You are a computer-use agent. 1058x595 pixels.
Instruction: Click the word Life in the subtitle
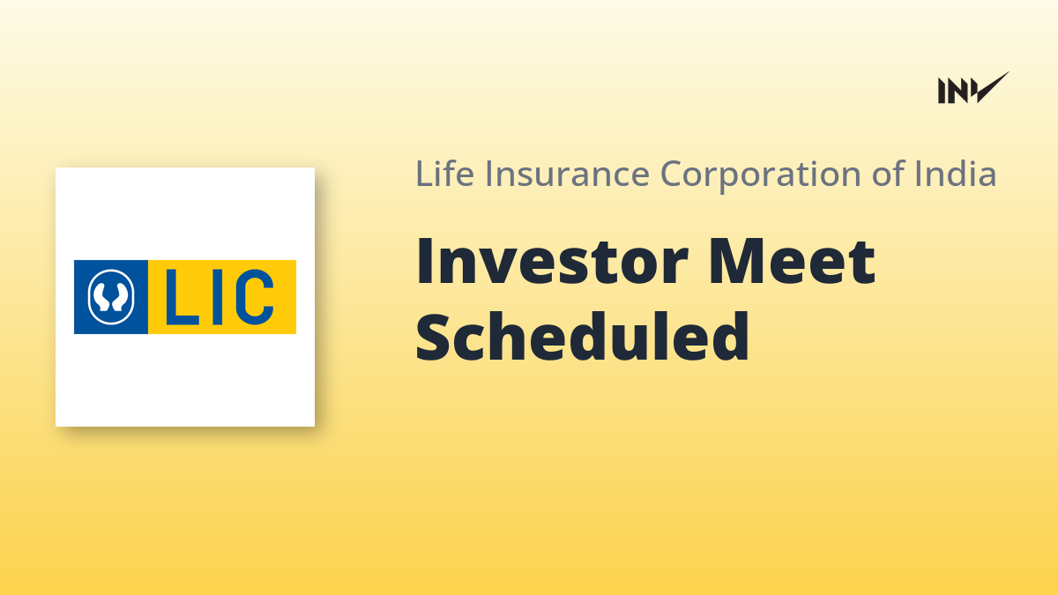444,174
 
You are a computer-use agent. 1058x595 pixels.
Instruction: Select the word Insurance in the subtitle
567,174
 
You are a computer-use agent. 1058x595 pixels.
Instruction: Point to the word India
956,174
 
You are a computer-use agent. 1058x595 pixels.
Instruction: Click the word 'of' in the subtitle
889,174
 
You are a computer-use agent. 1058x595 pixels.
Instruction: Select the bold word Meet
792,262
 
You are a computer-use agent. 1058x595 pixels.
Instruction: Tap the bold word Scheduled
583,337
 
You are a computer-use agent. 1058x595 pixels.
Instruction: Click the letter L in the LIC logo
182,297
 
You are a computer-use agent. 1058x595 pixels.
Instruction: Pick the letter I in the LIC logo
217,297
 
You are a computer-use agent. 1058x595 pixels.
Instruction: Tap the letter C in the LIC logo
255,297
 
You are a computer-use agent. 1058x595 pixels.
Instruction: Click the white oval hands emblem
111,297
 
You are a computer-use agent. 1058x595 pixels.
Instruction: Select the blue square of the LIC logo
111,297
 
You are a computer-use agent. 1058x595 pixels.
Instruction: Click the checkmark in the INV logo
992,87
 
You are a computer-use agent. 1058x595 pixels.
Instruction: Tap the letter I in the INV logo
942,91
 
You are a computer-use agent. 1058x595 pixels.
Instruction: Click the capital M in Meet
738,261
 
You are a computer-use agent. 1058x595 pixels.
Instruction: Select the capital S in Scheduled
432,337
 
